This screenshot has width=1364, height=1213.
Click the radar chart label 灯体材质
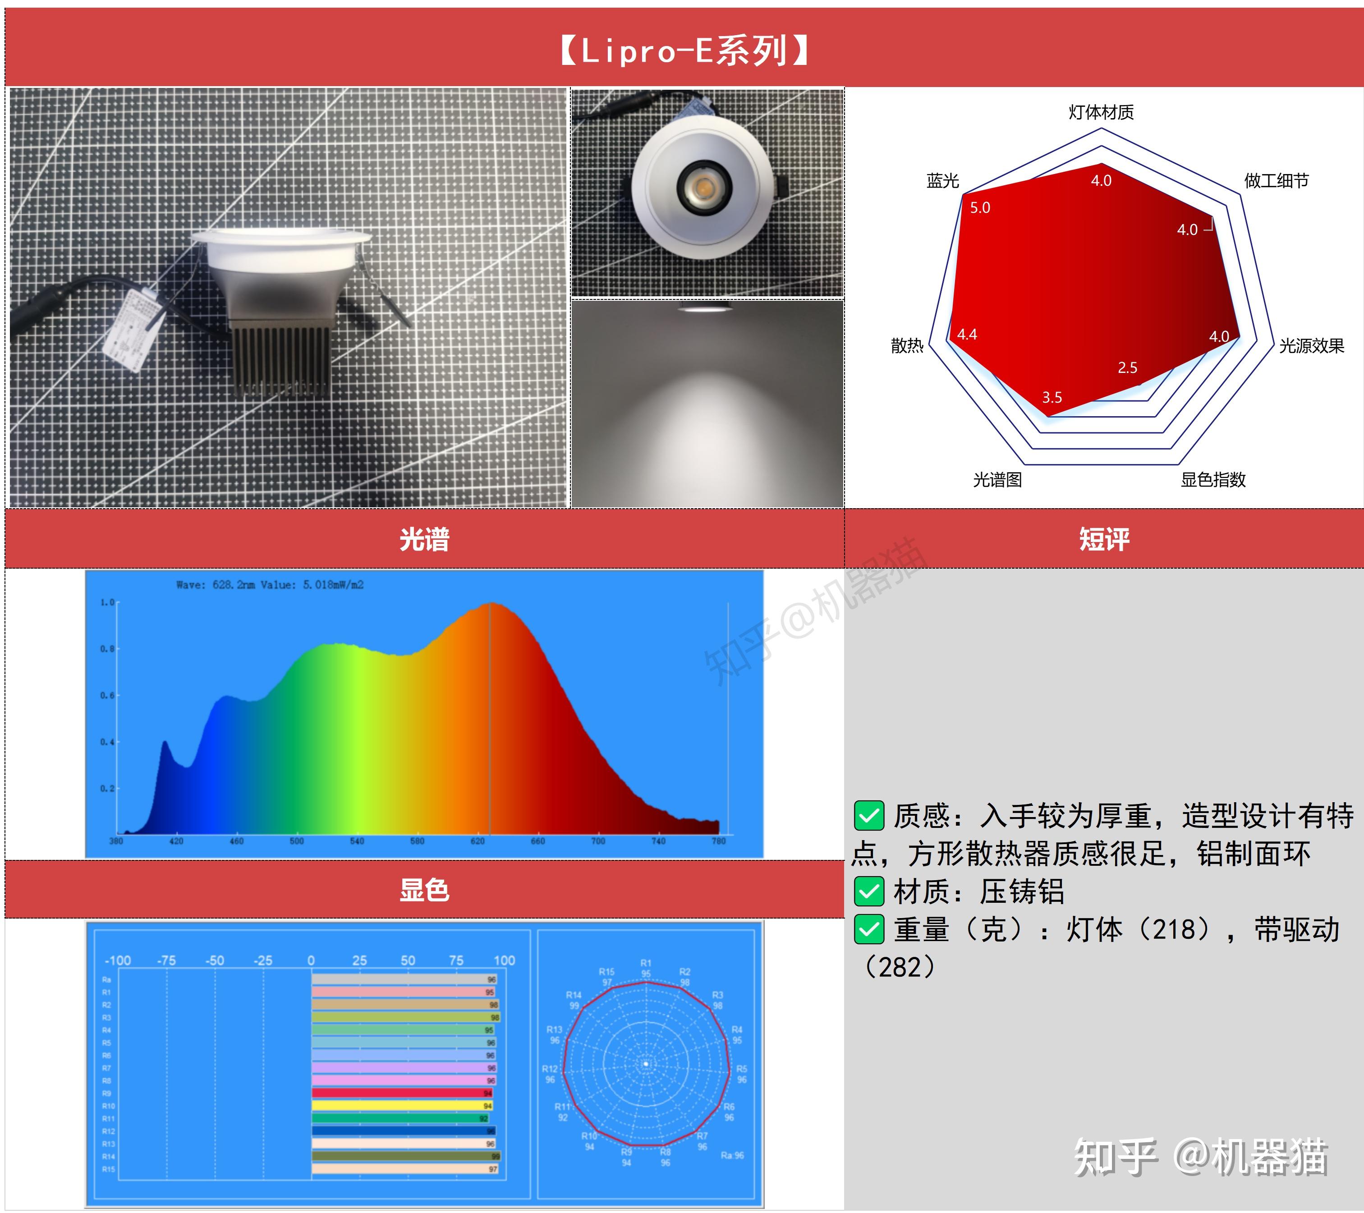(1101, 112)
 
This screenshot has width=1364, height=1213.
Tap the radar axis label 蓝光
(942, 181)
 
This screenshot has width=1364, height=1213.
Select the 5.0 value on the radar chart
(980, 207)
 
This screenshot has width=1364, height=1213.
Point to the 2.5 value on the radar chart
(1127, 368)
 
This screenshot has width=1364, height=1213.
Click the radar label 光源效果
(1311, 345)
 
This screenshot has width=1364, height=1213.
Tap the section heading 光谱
(424, 539)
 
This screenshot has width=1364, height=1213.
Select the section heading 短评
(1104, 539)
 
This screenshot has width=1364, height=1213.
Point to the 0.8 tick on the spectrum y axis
(107, 648)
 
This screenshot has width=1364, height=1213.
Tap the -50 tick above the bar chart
(215, 961)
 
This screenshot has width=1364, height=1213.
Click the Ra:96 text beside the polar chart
(732, 1155)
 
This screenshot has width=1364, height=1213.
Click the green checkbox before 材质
(869, 892)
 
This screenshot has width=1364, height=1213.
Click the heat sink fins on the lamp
(280, 360)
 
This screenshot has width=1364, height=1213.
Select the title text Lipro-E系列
(684, 51)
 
